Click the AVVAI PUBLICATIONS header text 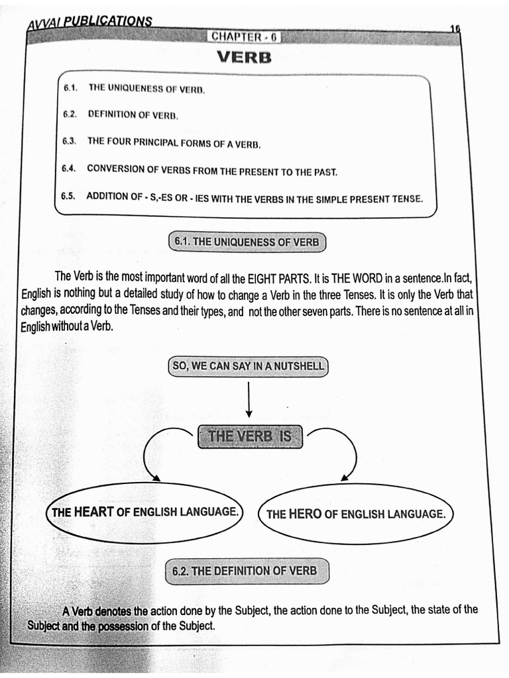tap(89, 23)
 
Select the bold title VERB tap(244, 58)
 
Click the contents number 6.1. tap(71, 87)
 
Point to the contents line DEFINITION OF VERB tap(133, 115)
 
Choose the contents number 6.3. tap(70, 141)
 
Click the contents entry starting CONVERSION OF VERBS tap(212, 170)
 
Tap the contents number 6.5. tap(69, 197)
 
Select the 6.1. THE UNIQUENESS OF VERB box tap(247, 242)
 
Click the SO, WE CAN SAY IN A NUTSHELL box tap(248, 365)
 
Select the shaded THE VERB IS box tap(249, 436)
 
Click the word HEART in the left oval tap(94, 511)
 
